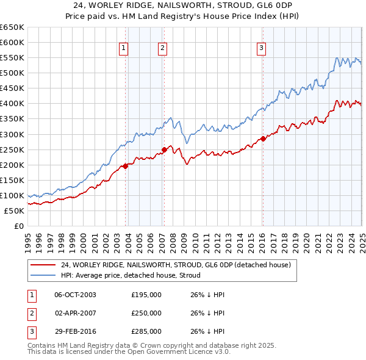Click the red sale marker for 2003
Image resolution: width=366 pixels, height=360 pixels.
click(125, 166)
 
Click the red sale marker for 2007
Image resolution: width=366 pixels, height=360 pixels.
click(164, 149)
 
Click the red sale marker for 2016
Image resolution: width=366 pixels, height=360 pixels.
click(263, 139)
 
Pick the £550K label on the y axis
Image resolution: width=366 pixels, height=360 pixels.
click(12, 57)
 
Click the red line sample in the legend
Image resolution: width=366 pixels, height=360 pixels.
click(43, 265)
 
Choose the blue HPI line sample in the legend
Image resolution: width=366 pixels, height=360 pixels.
click(43, 275)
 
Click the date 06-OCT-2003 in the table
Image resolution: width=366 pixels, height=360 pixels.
click(75, 295)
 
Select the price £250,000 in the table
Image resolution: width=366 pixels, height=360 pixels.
click(146, 313)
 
